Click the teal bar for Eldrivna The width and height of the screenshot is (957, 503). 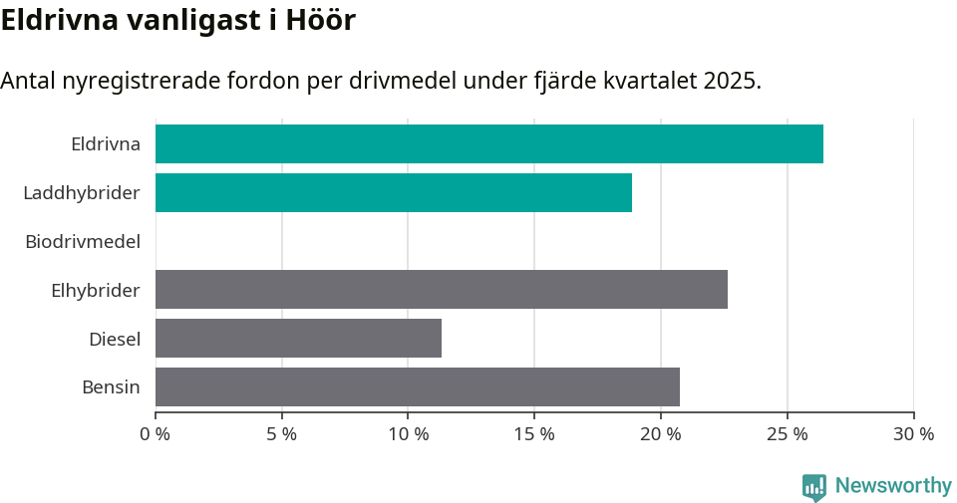tap(488, 144)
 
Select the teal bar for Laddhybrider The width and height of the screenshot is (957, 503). tap(393, 192)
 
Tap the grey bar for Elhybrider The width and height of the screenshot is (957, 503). tap(441, 289)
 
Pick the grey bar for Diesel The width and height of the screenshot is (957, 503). tap(298, 338)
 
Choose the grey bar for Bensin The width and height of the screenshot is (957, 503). tap(417, 386)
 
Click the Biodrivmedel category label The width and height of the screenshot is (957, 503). tap(83, 241)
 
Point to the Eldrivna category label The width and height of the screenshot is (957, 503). tap(105, 144)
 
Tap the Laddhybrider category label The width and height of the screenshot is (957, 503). tap(82, 192)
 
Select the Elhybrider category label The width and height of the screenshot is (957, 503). tap(96, 290)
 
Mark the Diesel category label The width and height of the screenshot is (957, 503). tap(114, 339)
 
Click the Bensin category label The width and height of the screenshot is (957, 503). tap(111, 386)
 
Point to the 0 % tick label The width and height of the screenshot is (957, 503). tap(156, 434)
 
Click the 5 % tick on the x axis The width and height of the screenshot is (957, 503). tap(282, 434)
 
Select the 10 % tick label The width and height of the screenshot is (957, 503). tap(409, 434)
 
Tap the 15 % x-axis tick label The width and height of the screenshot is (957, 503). tap(534, 434)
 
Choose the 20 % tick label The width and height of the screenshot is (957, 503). tap(661, 434)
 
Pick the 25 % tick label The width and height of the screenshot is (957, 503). tap(788, 434)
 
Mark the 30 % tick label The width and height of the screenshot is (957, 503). tap(913, 434)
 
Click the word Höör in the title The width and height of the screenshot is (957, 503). tap(321, 20)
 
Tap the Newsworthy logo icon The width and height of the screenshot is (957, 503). tap(813, 486)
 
